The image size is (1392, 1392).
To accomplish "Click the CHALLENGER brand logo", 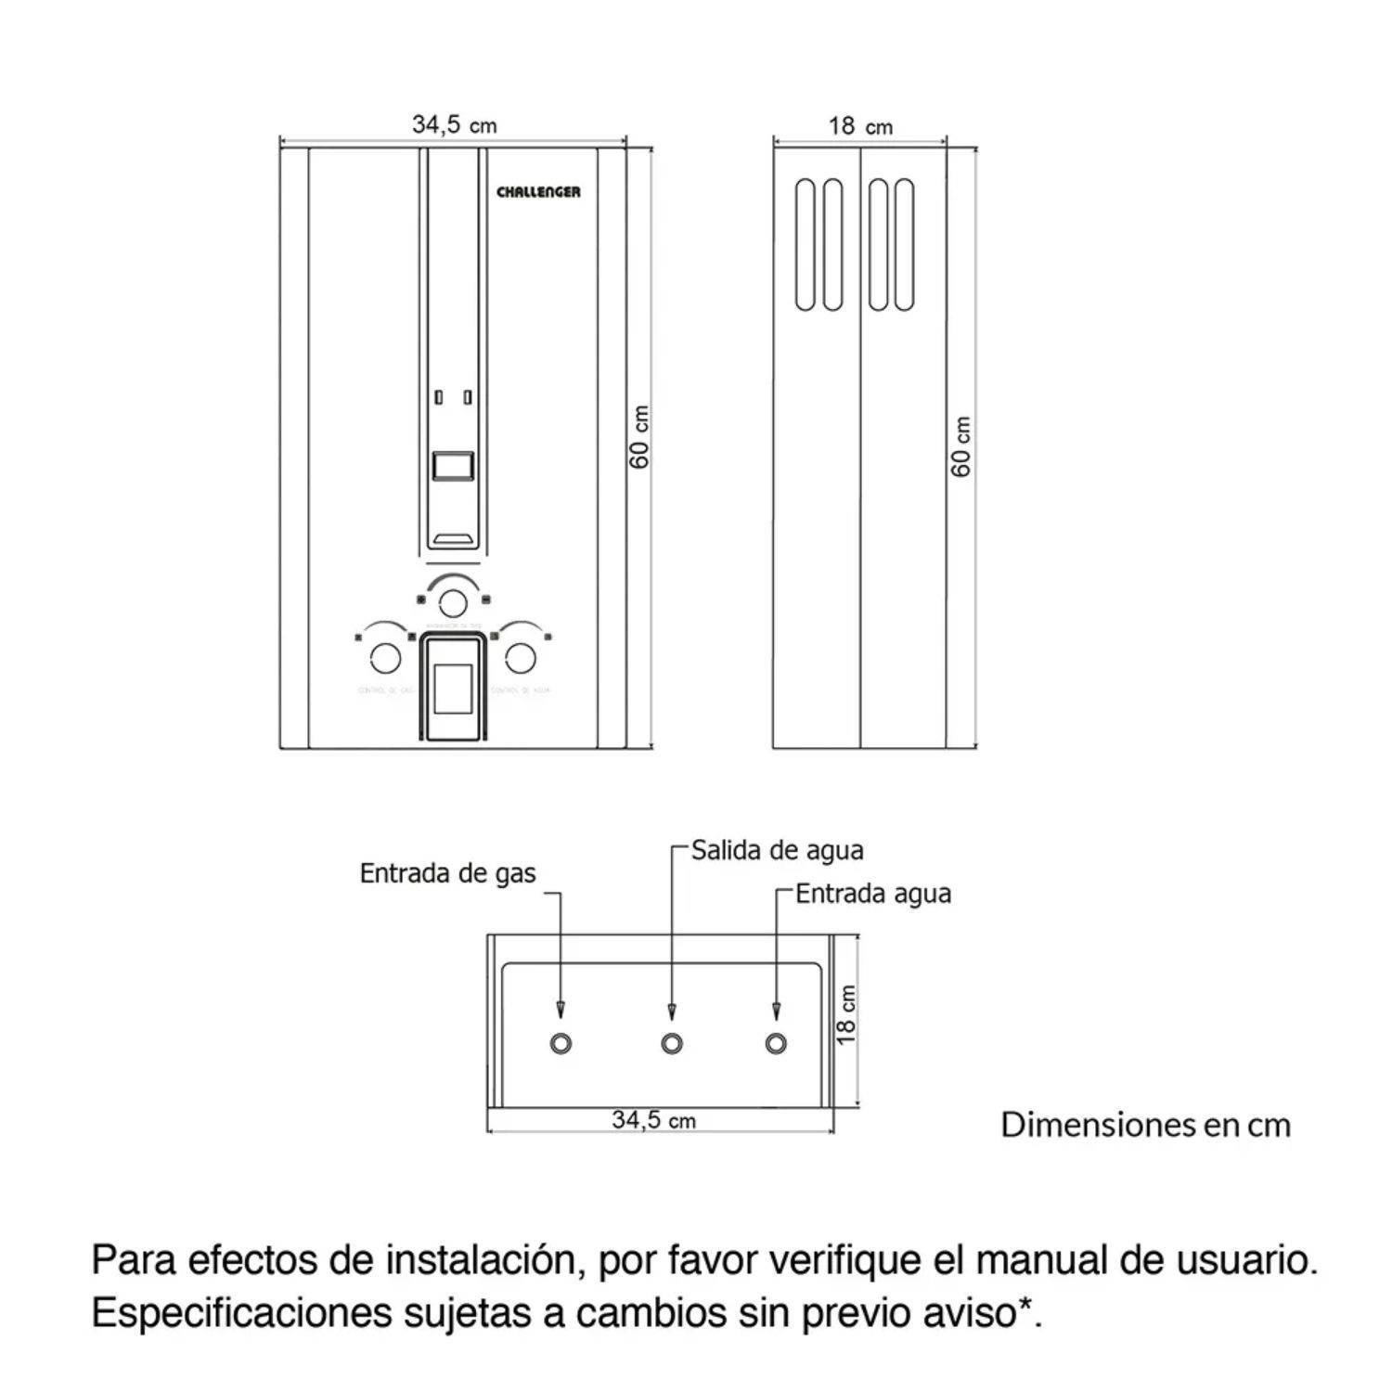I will pyautogui.click(x=538, y=192).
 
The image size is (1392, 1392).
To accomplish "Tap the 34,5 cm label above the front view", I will pyautogui.click(x=454, y=124).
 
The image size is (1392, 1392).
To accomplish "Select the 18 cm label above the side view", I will pyautogui.click(x=860, y=126).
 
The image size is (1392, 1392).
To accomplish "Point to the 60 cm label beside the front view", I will pyautogui.click(x=640, y=437).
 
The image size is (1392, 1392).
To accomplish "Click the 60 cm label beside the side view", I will pyautogui.click(x=961, y=446).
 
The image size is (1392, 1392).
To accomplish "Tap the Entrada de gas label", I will pyautogui.click(x=447, y=873).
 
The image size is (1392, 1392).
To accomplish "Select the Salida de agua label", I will pyautogui.click(x=777, y=850).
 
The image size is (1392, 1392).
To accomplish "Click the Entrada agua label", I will pyautogui.click(x=873, y=894).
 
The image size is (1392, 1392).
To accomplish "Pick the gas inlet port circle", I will pyautogui.click(x=560, y=1043).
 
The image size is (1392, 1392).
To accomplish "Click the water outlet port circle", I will pyautogui.click(x=672, y=1043).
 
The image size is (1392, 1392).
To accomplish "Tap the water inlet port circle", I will pyautogui.click(x=776, y=1043).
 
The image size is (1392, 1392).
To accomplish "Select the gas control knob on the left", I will pyautogui.click(x=385, y=658).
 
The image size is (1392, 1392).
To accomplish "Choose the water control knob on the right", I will pyautogui.click(x=520, y=658).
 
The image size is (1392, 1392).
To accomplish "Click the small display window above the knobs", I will pyautogui.click(x=453, y=465).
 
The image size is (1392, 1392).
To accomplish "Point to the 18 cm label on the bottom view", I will pyautogui.click(x=845, y=1014).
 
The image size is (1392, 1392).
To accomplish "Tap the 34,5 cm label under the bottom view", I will pyautogui.click(x=653, y=1120).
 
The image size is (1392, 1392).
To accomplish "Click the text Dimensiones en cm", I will pyautogui.click(x=1145, y=1125).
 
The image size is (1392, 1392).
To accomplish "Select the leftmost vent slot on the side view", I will pyautogui.click(x=805, y=245).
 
